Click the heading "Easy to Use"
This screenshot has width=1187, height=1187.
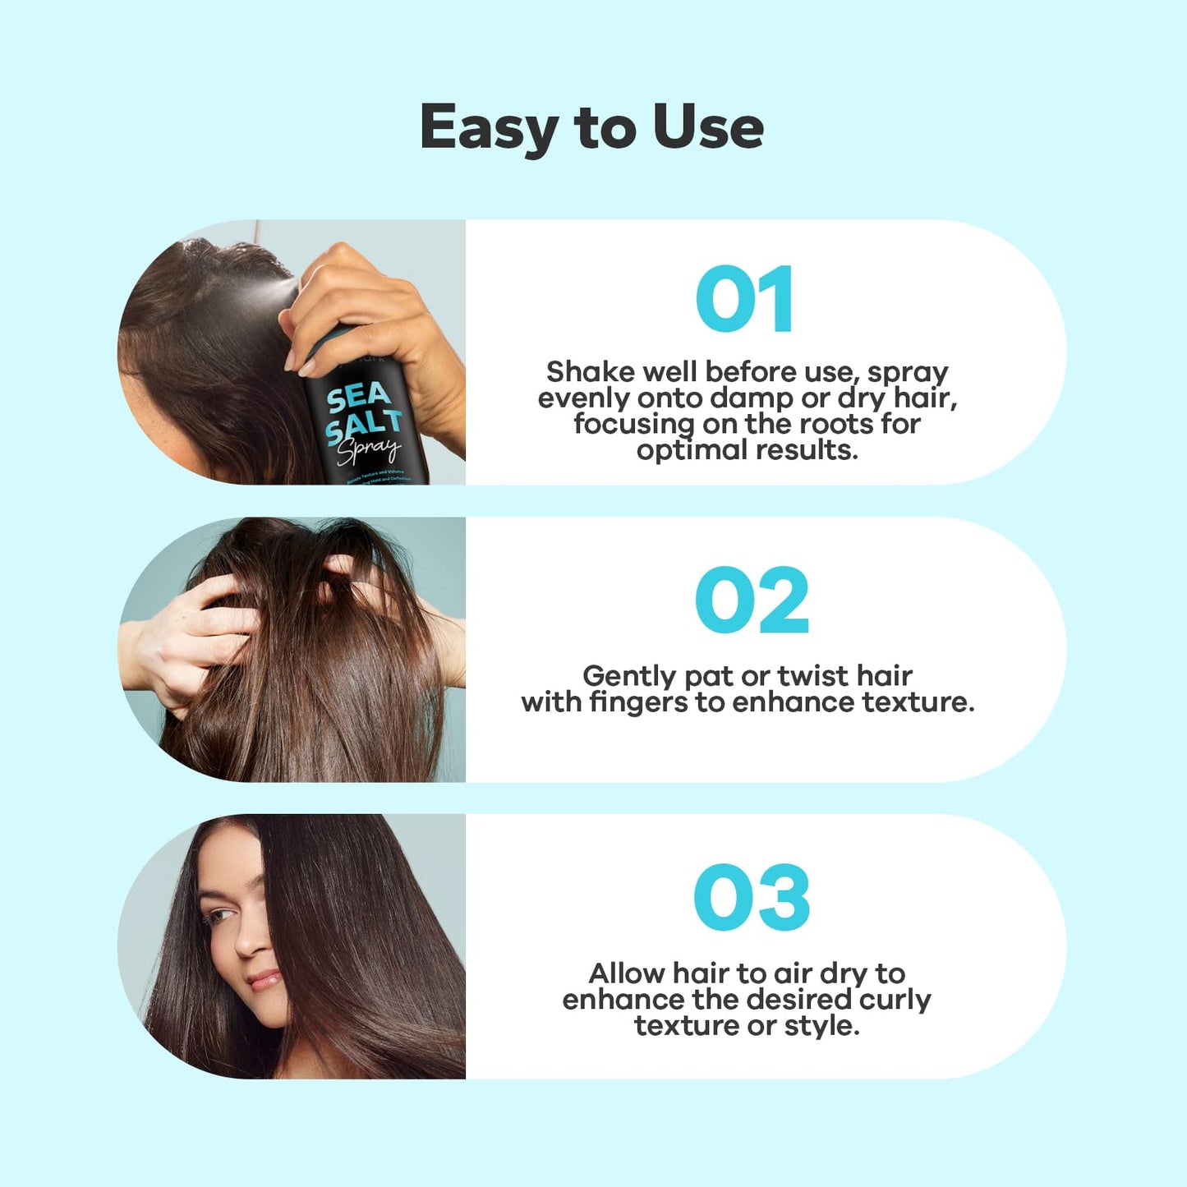click(x=591, y=128)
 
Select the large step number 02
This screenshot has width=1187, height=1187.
click(x=752, y=600)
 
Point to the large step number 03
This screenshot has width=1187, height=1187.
click(x=752, y=898)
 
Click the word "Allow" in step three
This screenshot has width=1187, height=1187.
click(x=627, y=973)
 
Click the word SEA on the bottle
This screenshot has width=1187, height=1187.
click(x=358, y=398)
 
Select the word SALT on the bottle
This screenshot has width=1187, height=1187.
click(x=363, y=426)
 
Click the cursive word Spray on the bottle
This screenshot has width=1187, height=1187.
click(x=369, y=451)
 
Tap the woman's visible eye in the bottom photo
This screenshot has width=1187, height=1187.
click(x=219, y=915)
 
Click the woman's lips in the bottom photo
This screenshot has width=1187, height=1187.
click(x=265, y=980)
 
